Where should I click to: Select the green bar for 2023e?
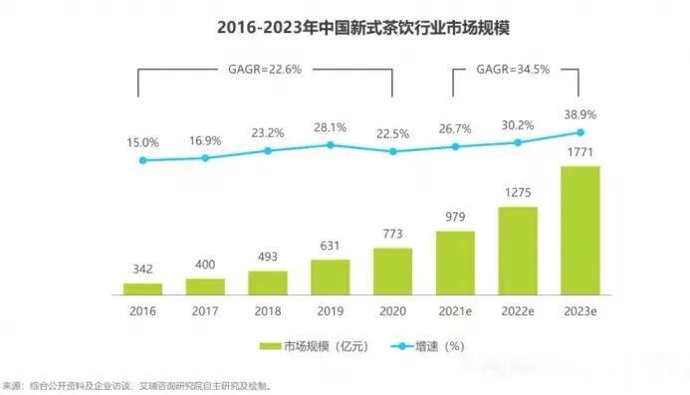pos(578,230)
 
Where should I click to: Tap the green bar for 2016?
pos(142,289)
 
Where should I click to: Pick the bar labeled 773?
pos(392,271)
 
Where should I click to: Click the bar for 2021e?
pos(455,263)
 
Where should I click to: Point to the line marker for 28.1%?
pos(330,145)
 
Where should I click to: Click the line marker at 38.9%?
pos(578,132)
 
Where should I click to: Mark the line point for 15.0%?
pos(142,159)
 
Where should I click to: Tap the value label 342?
pos(142,272)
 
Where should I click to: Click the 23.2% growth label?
pos(267,131)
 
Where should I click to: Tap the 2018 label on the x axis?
pos(267,311)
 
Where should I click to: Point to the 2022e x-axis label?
pos(517,311)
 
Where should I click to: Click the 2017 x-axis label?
pos(205,311)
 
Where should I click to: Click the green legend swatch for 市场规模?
pos(271,346)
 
